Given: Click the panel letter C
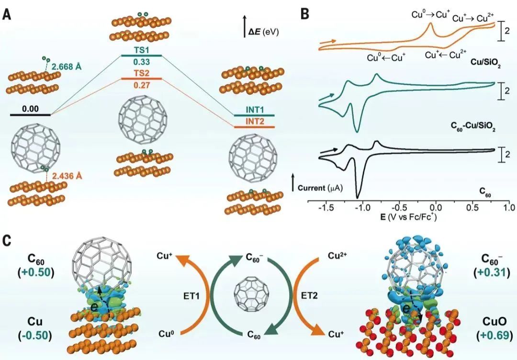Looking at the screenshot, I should [7, 240].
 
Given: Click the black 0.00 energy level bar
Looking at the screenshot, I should [30, 115].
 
